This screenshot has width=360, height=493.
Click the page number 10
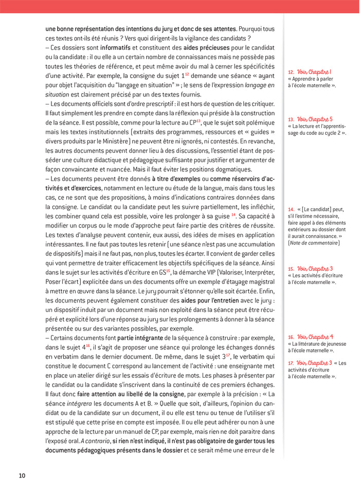click(22, 475)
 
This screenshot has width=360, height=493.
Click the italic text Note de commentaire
click(314, 243)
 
